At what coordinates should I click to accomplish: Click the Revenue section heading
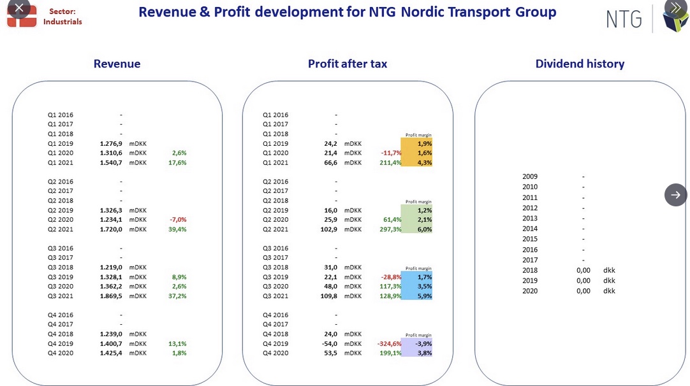click(117, 64)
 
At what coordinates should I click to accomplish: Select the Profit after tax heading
click(348, 64)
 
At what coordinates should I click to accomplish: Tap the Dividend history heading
click(580, 64)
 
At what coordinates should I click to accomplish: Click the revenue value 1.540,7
click(111, 162)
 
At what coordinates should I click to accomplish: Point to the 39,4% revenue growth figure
click(177, 229)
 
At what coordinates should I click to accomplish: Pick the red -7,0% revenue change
click(178, 220)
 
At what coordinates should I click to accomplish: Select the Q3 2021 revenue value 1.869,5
click(111, 296)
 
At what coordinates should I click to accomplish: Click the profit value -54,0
click(330, 344)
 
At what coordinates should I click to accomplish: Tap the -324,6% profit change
click(390, 344)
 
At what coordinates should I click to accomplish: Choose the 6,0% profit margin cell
click(425, 229)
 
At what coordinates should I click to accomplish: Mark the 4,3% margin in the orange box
click(425, 162)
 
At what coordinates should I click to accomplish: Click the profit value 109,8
click(328, 296)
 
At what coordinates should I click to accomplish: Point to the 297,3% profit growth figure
click(390, 229)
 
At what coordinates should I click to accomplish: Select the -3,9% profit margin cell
click(423, 344)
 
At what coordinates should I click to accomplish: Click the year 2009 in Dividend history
click(530, 176)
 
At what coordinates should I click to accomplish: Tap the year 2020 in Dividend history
click(530, 291)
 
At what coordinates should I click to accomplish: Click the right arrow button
click(675, 195)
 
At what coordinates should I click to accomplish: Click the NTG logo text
click(624, 19)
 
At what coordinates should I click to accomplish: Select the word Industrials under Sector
click(62, 22)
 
